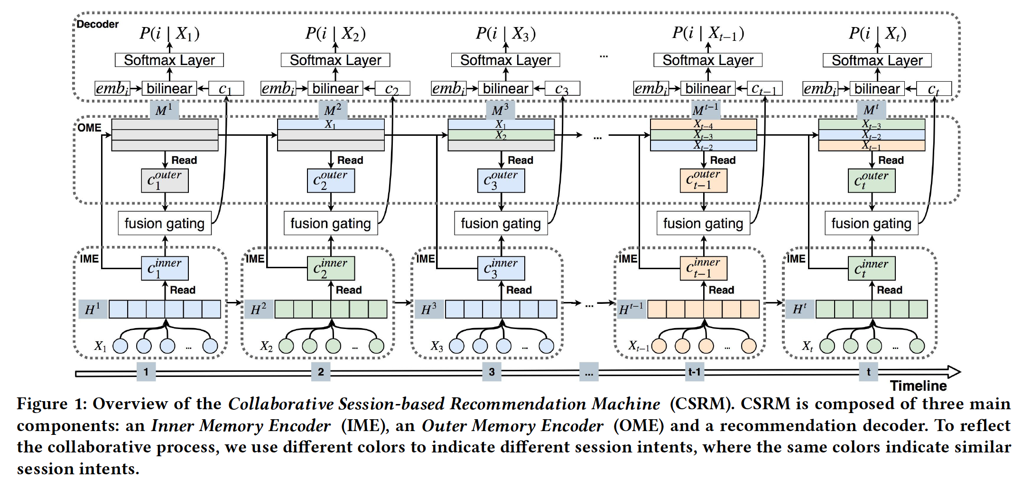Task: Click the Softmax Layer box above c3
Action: coord(505,60)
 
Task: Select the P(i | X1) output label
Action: coord(169,33)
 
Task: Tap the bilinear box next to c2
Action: coord(335,89)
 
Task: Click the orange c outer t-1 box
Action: coord(703,180)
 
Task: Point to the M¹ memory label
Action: coord(164,111)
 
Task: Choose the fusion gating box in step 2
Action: coord(331,223)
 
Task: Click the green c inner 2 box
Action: coord(331,269)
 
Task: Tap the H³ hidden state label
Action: coord(428,310)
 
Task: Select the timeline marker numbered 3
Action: coord(492,372)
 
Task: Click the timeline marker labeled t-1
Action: coord(694,372)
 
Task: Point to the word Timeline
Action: coord(918,386)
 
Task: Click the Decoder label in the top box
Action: coord(98,24)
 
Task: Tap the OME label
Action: coord(90,128)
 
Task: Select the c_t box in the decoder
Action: coord(933,89)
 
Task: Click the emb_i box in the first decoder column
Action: coord(112,89)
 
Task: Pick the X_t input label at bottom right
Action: coord(807,346)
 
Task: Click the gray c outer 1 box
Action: coord(165,180)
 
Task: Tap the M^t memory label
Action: coord(871,111)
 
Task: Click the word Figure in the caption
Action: coord(42,404)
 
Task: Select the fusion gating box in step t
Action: coord(871,223)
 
